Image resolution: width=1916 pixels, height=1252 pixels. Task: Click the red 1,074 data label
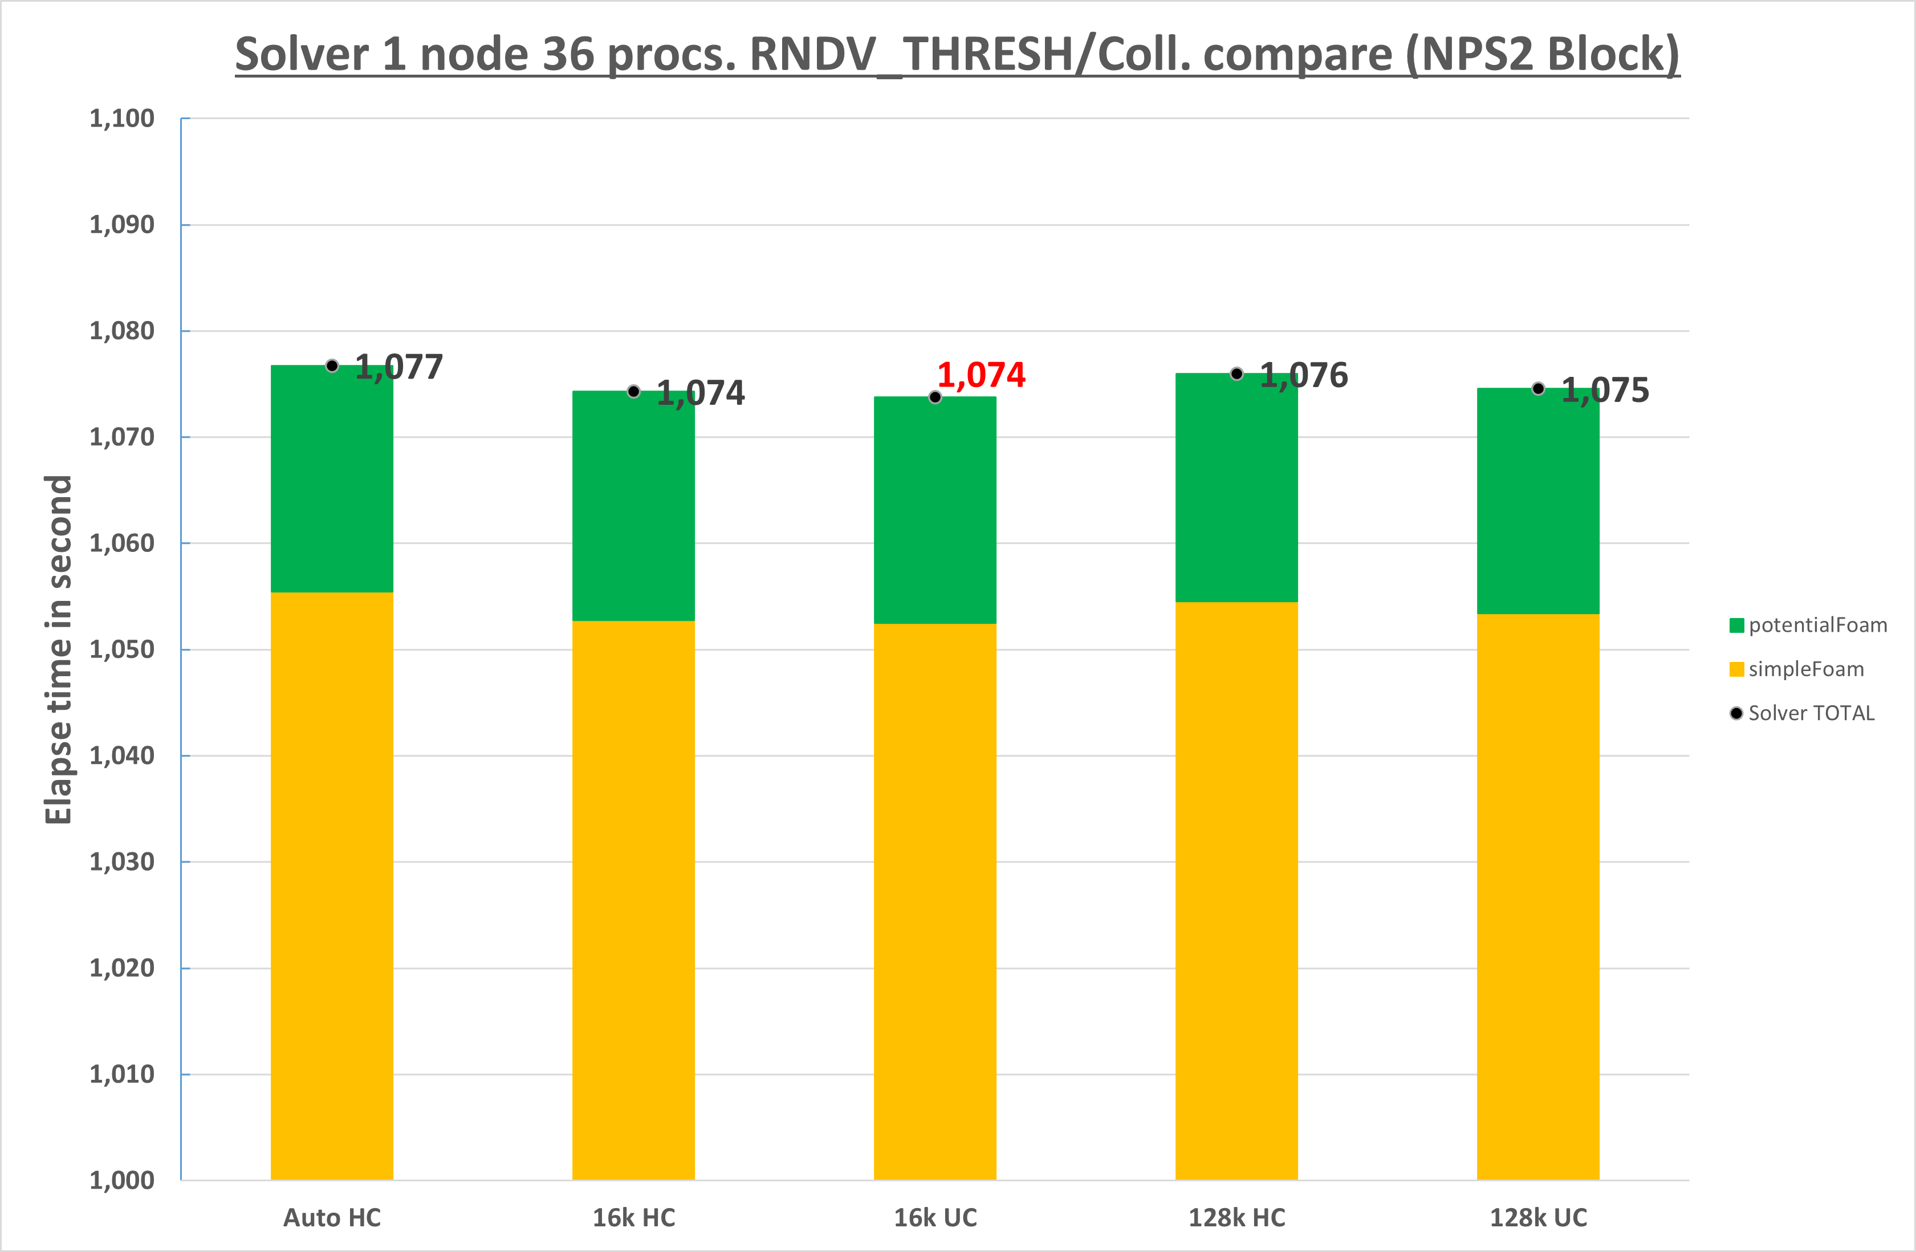click(x=981, y=375)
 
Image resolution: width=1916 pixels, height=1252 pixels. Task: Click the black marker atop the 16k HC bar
click(x=633, y=391)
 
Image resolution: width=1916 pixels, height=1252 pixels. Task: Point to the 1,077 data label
click(x=398, y=368)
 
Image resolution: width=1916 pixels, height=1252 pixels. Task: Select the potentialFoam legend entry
click(x=1808, y=625)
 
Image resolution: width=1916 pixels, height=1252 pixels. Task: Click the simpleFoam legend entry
click(x=1797, y=669)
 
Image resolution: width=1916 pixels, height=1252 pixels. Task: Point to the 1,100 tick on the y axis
click(x=121, y=119)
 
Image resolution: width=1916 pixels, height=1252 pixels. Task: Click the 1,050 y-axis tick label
click(x=121, y=649)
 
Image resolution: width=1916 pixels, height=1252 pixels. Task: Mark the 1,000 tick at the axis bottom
click(x=121, y=1180)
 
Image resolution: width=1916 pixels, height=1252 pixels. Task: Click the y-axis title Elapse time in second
click(x=58, y=649)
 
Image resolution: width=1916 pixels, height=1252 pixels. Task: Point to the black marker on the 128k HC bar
click(x=1236, y=373)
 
